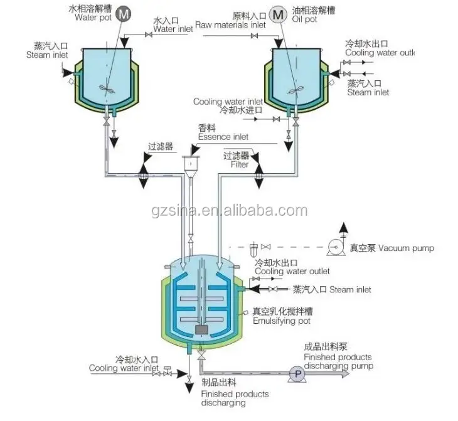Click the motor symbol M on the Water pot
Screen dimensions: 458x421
click(123, 14)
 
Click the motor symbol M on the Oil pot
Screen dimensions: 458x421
click(278, 14)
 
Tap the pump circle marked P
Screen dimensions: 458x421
click(297, 374)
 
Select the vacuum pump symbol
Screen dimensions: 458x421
click(335, 247)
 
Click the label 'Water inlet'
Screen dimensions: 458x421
click(173, 29)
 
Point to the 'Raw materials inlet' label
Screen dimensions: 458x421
click(230, 25)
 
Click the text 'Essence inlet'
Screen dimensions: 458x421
click(223, 137)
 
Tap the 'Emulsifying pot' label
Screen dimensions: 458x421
click(281, 321)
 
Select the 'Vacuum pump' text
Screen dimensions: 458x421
click(407, 248)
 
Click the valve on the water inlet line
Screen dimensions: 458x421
click(149, 35)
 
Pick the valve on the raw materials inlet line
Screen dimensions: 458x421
click(255, 36)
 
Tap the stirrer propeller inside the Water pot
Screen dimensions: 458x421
click(107, 89)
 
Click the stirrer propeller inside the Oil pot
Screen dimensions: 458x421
click(296, 90)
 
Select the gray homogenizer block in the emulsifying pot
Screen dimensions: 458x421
click(201, 329)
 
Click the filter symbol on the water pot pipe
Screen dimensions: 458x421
click(143, 175)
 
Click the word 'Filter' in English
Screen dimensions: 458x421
click(240, 164)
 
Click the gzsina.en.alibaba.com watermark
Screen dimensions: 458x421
click(230, 211)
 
